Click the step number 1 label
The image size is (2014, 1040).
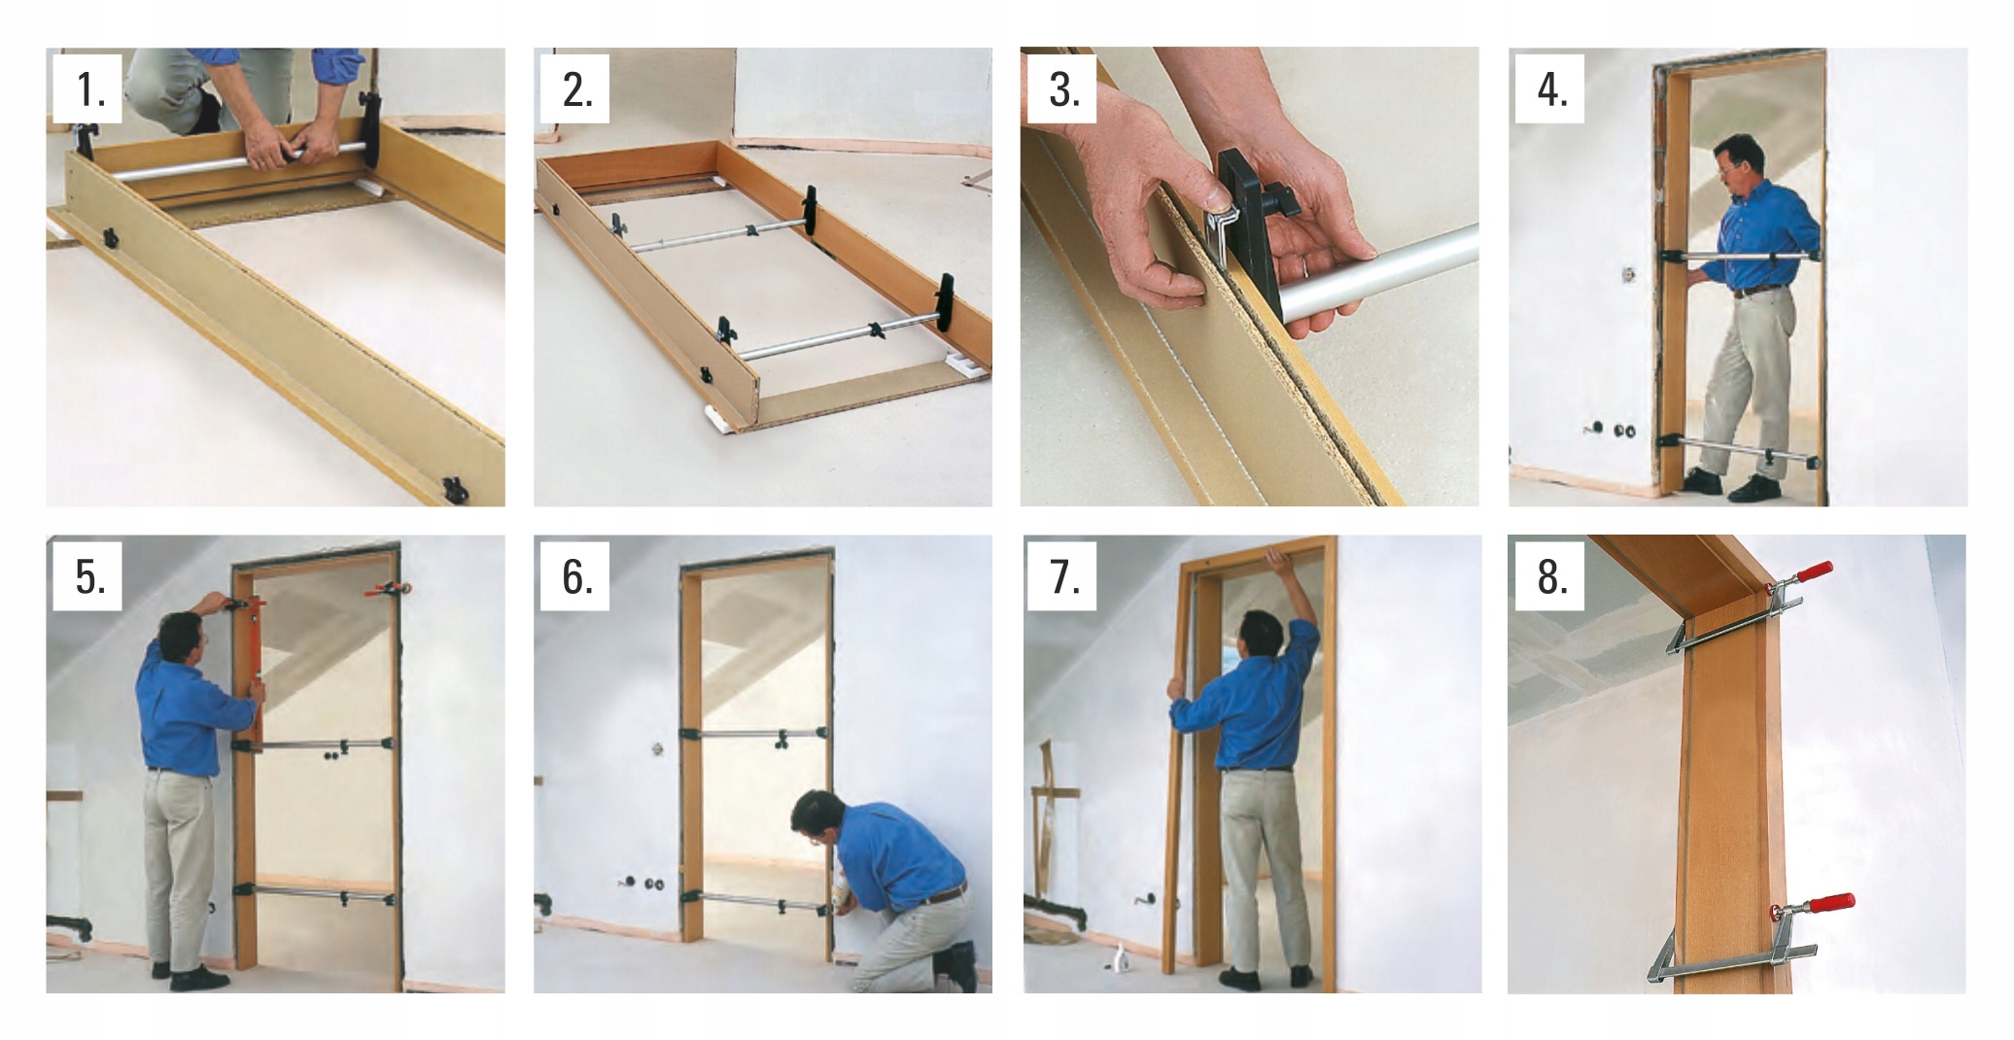coord(89,89)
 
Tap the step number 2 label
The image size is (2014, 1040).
coord(576,89)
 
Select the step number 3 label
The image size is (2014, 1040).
coord(1063,89)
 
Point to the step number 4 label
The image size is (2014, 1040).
coord(1551,89)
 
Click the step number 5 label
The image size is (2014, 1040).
coord(89,576)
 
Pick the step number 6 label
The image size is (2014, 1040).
coord(576,576)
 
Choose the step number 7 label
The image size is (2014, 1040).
coord(1063,576)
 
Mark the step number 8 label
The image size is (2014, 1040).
coord(1551,576)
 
